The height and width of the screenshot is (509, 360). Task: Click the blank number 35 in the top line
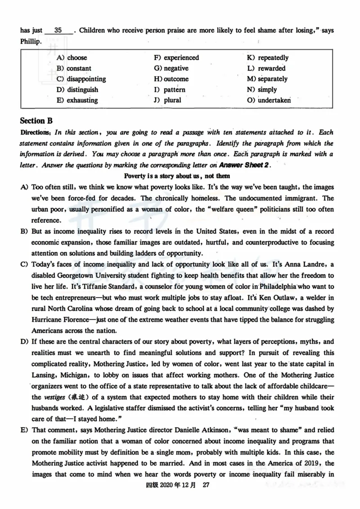(x=58, y=31)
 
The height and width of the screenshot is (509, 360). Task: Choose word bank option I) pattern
(x=169, y=89)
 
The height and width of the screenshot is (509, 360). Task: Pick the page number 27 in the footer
(x=207, y=485)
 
